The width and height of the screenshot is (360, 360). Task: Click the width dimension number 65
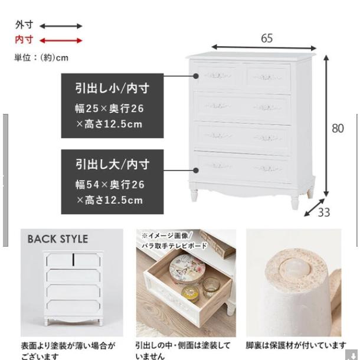click(267, 38)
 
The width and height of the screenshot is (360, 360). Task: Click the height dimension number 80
click(338, 128)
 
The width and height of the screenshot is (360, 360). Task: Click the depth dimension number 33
click(324, 212)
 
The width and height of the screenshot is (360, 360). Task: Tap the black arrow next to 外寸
click(61, 26)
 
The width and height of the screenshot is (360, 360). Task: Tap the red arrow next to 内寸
click(61, 41)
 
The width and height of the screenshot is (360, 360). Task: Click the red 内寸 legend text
click(24, 40)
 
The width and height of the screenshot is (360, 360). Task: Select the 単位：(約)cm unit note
click(41, 58)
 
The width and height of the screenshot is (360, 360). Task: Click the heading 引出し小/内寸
click(113, 88)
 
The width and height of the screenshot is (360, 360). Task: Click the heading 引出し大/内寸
click(113, 165)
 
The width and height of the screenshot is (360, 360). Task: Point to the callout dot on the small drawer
click(195, 76)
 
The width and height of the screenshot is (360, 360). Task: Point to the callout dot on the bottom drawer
click(195, 171)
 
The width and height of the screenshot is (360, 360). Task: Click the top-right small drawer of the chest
click(268, 77)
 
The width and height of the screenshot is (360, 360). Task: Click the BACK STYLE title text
click(58, 239)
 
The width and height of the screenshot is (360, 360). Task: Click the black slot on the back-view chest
click(73, 260)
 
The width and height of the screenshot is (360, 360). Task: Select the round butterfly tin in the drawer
click(186, 269)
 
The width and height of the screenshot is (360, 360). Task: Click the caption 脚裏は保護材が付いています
click(296, 345)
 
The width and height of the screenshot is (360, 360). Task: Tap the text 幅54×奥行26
click(110, 185)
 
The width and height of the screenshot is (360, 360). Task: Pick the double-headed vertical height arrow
click(326, 126)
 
